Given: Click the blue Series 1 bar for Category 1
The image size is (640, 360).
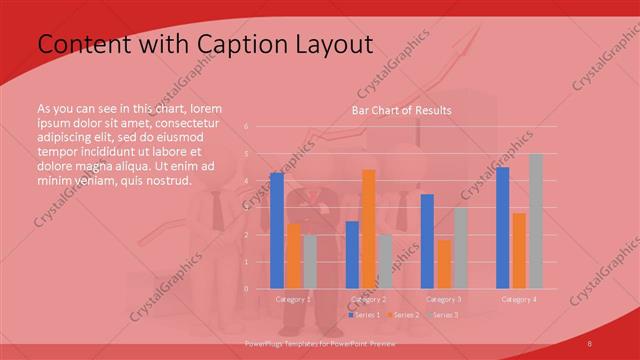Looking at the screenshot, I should (x=277, y=231).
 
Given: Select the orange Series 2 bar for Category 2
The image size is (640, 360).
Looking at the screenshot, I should (x=368, y=229).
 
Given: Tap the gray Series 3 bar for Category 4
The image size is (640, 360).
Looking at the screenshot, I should (x=536, y=221).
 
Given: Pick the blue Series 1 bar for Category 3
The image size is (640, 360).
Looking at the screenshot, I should (x=427, y=241).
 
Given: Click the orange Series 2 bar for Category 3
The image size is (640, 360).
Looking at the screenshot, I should (x=444, y=264).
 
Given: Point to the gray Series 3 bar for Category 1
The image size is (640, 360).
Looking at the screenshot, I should (x=310, y=262).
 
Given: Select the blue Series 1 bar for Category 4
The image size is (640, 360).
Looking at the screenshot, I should (x=503, y=228).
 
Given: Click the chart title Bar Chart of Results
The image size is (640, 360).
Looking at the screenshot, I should (x=401, y=110).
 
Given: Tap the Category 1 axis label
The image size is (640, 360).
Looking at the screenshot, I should (x=293, y=299).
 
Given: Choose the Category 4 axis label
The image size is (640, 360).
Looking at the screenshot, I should (x=519, y=299).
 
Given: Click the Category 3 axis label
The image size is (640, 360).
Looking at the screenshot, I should (x=443, y=299).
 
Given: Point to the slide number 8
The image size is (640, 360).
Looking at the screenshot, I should (x=590, y=344).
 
